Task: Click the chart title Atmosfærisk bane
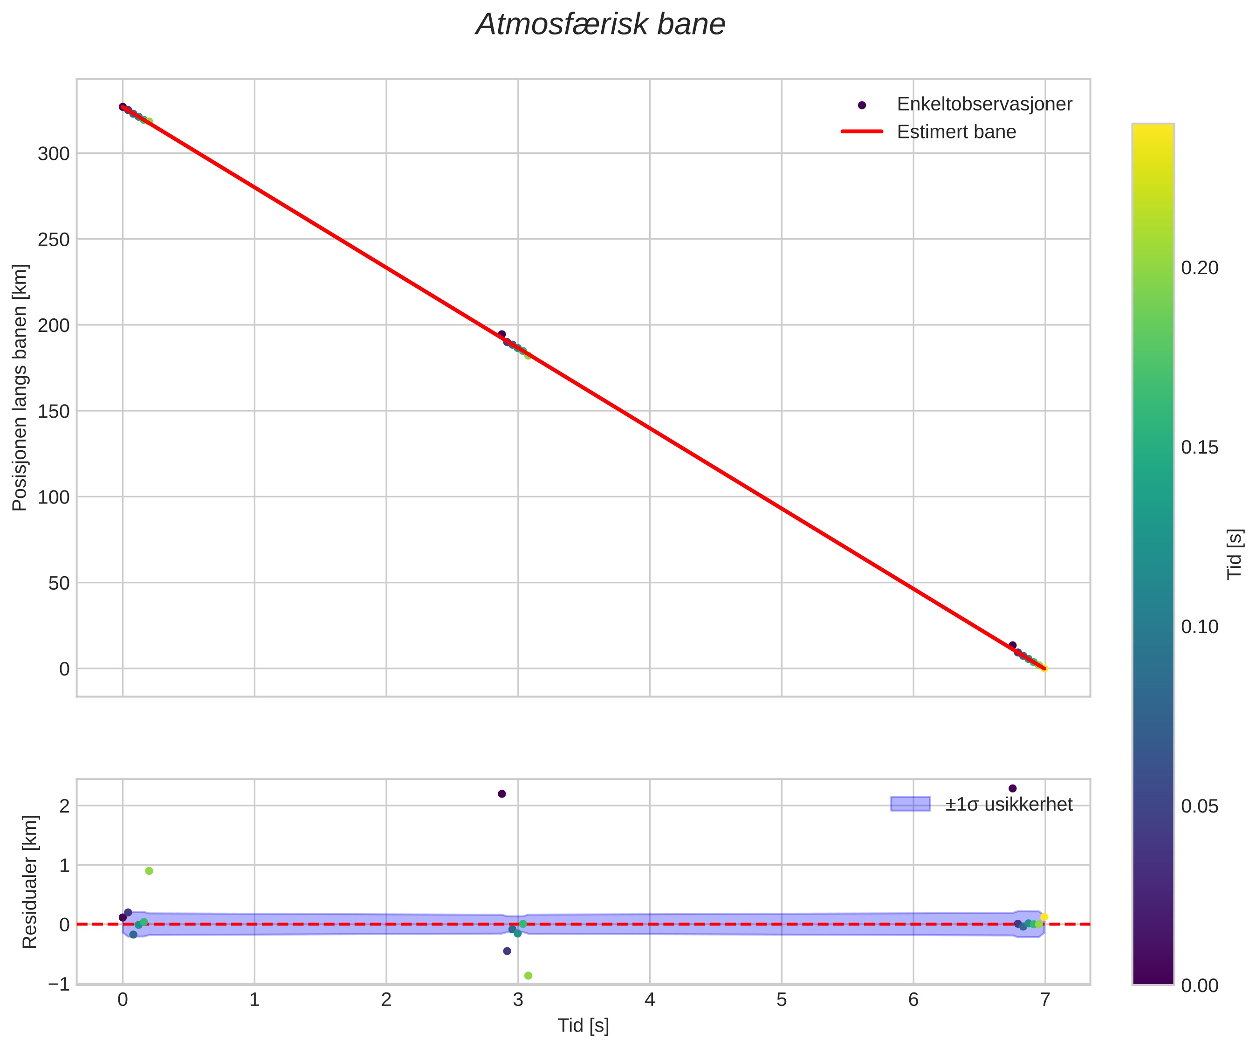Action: (x=600, y=25)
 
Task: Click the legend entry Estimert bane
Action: (x=956, y=131)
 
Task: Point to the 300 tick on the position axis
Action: (x=54, y=154)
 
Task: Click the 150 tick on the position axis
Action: (x=54, y=412)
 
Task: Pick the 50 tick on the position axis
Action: (x=59, y=583)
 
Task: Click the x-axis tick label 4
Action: (x=650, y=1000)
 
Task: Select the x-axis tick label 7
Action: (x=1045, y=1000)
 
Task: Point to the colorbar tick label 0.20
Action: (x=1199, y=268)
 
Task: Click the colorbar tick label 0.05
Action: (x=1199, y=806)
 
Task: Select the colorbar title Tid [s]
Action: (x=1235, y=554)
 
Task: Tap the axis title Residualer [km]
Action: (x=29, y=882)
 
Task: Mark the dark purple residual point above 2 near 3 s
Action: (x=502, y=794)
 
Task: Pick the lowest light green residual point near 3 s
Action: (x=528, y=976)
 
